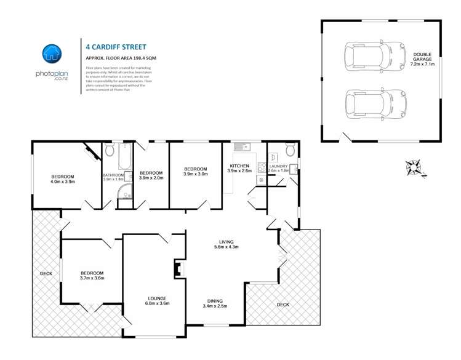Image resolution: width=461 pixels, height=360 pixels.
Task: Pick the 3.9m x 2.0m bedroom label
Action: click(x=151, y=175)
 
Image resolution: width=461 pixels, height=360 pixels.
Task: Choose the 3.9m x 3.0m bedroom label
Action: click(x=195, y=171)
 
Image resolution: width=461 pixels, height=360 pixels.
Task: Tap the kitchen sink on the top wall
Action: click(x=241, y=147)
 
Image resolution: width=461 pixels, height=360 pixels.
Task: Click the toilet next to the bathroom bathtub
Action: click(x=110, y=150)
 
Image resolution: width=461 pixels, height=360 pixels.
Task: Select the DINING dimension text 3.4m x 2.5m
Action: click(x=215, y=306)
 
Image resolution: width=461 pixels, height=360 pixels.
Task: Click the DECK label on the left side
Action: click(x=46, y=274)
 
